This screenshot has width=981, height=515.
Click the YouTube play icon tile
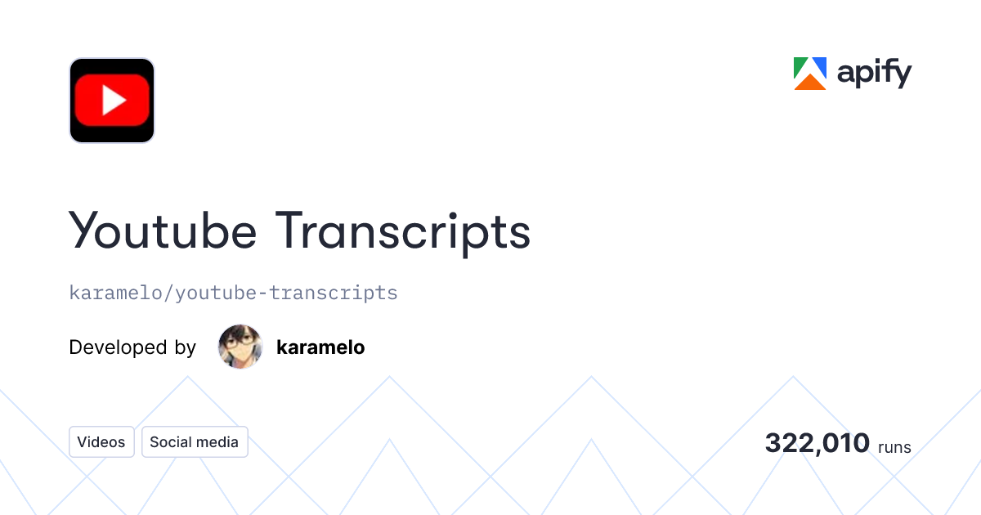(112, 101)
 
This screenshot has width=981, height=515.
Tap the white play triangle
(113, 101)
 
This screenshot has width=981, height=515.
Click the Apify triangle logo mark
(810, 74)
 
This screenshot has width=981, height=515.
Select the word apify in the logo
(874, 74)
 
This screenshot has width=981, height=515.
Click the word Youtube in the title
(163, 231)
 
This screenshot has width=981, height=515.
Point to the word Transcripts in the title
(402, 232)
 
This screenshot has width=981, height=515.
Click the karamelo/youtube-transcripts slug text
(233, 293)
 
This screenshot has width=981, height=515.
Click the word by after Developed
(185, 348)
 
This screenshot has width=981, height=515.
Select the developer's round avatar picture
(240, 347)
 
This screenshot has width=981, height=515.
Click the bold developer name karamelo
(320, 347)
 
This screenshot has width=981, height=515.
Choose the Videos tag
(101, 442)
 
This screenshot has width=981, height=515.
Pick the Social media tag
(195, 442)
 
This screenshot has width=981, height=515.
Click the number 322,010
(817, 443)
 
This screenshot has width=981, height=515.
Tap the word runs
(894, 447)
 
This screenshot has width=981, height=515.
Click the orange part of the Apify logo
(810, 83)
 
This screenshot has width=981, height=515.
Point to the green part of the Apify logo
(800, 68)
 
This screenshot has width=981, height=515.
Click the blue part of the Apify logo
(819, 66)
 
